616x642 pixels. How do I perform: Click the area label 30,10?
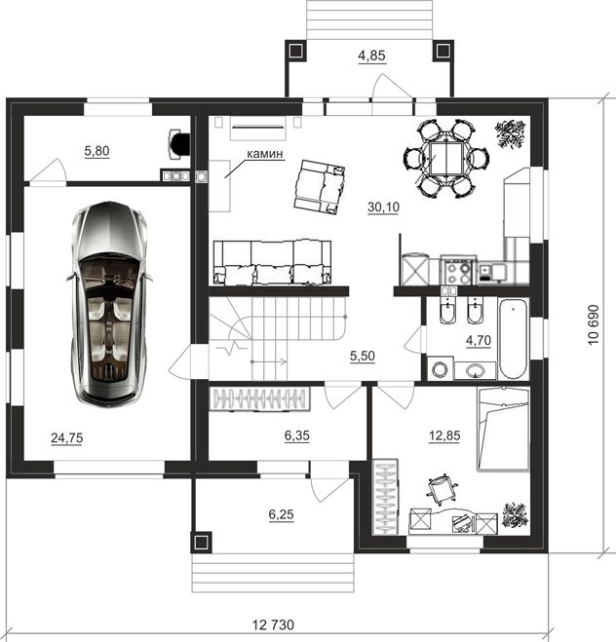pos(383,208)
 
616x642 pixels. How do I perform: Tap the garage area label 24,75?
pos(66,438)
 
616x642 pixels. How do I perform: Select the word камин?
pos(264,154)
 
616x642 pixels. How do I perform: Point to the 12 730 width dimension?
pos(273,624)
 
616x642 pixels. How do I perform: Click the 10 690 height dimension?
pos(594,324)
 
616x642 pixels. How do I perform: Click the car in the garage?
pos(109,305)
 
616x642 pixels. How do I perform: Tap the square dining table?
pos(446,158)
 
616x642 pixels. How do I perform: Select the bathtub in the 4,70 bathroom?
pos(514,339)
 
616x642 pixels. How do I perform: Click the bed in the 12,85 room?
pos(503,429)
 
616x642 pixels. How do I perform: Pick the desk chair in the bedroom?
pos(442,489)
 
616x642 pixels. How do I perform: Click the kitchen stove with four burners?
pos(458,270)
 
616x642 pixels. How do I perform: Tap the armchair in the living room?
pos(319,187)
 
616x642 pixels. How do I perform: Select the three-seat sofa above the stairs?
pos(272,262)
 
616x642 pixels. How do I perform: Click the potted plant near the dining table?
pos(510,133)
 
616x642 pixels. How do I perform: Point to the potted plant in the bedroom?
pos(516,514)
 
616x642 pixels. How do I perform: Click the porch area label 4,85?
pos(372,56)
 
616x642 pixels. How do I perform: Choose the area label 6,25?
pos(282,514)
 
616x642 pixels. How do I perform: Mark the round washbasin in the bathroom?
pos(476,371)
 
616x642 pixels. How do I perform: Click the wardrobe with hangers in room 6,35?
pos(259,398)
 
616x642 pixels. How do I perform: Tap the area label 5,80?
pos(96,151)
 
